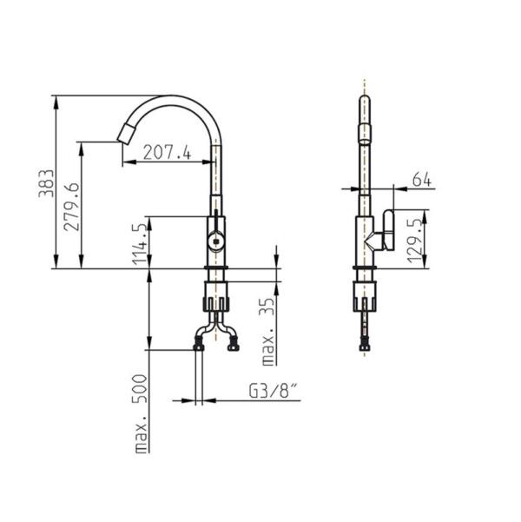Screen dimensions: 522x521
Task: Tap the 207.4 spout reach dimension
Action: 167,153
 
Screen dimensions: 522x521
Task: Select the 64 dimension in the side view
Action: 422,180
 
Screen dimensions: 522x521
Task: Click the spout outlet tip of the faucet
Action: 121,134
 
